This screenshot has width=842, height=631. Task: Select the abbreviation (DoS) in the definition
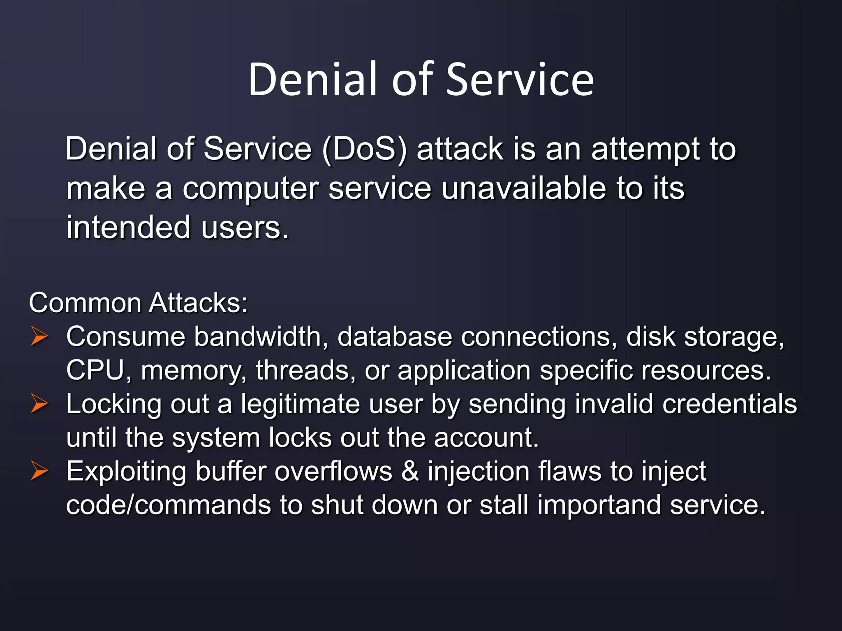[365, 149]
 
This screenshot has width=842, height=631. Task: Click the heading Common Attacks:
[138, 303]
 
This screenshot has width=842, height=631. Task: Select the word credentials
[729, 403]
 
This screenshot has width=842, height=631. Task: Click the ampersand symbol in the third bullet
[410, 471]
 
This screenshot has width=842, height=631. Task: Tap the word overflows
[333, 471]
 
